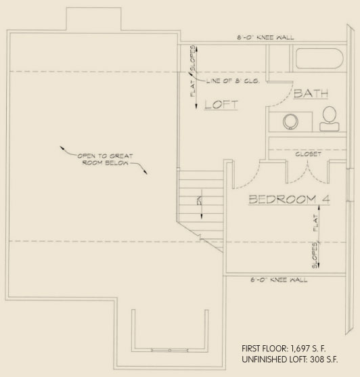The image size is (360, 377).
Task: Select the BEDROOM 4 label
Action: point(284,199)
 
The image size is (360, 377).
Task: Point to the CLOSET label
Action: point(307,154)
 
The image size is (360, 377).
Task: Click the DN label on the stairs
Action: point(198,200)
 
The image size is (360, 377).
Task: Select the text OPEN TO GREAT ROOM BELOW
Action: point(106,159)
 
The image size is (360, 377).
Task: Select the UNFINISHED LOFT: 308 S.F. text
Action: point(290,360)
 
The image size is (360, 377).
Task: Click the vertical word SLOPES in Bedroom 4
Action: point(316,256)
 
